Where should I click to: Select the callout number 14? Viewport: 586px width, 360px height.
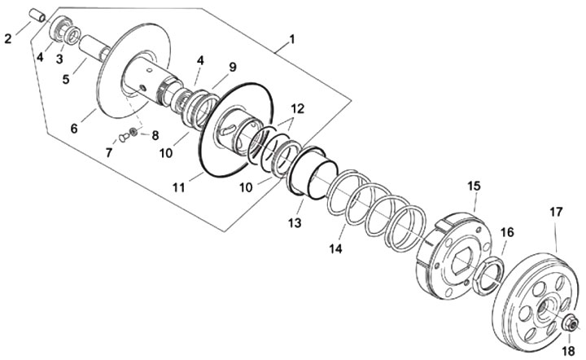pyautogui.click(x=337, y=245)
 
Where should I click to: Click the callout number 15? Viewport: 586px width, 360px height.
pyautogui.click(x=474, y=187)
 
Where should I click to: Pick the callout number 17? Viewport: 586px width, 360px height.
pyautogui.click(x=556, y=212)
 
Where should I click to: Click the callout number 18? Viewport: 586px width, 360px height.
pyautogui.click(x=568, y=350)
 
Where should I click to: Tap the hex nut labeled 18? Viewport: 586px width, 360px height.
pyautogui.click(x=568, y=324)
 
